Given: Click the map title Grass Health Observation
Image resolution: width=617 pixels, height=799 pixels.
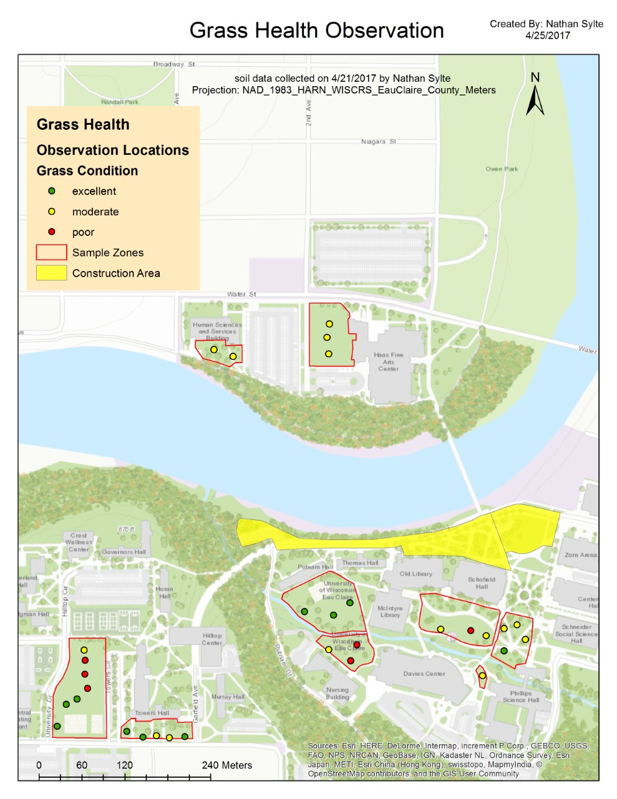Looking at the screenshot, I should pos(316,31).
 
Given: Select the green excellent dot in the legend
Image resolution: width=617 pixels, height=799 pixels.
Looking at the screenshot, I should pos(52,191).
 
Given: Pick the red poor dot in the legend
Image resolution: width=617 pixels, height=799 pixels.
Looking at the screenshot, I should pos(52,232).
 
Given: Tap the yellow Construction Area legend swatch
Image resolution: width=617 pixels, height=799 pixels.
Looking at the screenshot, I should pos(52,273).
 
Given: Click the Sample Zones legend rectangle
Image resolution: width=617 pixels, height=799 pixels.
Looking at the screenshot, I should pos(52,253).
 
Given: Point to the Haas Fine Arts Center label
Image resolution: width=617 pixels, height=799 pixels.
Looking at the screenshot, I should pos(388,362).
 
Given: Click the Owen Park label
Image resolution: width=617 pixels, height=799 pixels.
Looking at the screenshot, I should pos(502,169).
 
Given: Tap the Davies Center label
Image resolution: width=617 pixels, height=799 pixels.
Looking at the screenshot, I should pos(424,674).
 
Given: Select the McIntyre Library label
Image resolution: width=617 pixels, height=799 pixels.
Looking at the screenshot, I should pos(390,612).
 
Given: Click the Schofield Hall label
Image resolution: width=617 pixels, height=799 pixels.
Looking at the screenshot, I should pos(482,583).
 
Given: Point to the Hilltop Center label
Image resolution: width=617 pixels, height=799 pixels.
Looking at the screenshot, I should pos(212,639).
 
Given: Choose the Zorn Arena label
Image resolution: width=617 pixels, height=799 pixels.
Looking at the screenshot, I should pos(580,555).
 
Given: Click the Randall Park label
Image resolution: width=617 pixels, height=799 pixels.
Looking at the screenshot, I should pos(120,102).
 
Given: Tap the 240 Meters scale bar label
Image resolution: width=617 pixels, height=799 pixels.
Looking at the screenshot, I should pos(226,765).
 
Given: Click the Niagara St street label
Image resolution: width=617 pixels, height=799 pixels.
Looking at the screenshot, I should pos(378,142).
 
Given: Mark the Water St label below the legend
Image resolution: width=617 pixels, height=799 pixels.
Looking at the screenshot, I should pos(241,294).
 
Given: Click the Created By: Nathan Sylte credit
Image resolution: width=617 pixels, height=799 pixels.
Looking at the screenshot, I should pos(547,24).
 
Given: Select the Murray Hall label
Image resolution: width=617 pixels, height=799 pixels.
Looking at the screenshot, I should pos(228,697).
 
